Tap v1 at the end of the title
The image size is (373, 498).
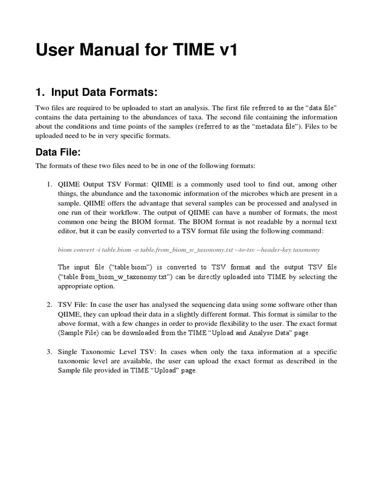225,50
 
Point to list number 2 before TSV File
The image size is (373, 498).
50,304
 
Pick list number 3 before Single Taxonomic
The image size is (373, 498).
50,351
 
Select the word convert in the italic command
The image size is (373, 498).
83,250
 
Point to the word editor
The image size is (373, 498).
69,231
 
